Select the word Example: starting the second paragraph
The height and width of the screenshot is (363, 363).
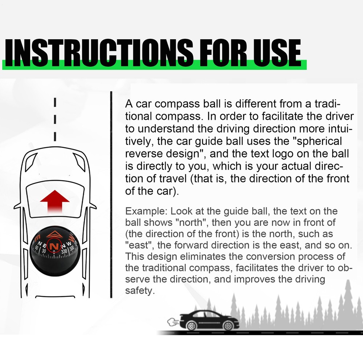[x=146, y=211]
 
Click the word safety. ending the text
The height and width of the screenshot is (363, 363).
[x=138, y=291]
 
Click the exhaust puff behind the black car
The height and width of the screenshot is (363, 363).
[x=171, y=321]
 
